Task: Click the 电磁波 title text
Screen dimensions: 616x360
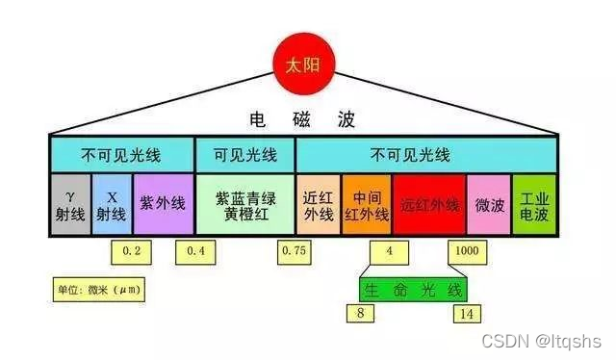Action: (x=301, y=119)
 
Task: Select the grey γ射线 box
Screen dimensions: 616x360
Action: (x=70, y=203)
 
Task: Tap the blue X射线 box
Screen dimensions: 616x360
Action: (x=111, y=203)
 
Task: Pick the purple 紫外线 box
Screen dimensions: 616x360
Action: (x=162, y=203)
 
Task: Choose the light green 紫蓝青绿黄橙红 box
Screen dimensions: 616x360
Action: (x=244, y=203)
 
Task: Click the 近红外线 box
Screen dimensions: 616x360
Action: (x=317, y=204)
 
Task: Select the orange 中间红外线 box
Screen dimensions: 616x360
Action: (x=367, y=204)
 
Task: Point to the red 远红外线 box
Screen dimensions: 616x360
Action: (x=428, y=204)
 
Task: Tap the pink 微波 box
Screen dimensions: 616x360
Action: (x=488, y=204)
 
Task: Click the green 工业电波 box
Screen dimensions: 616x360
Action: (x=533, y=204)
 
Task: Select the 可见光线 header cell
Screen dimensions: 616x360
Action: (x=244, y=154)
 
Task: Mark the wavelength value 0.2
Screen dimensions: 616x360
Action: (x=131, y=252)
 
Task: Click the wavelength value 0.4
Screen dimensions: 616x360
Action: (x=195, y=252)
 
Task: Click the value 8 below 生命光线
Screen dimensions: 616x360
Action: (x=361, y=314)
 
